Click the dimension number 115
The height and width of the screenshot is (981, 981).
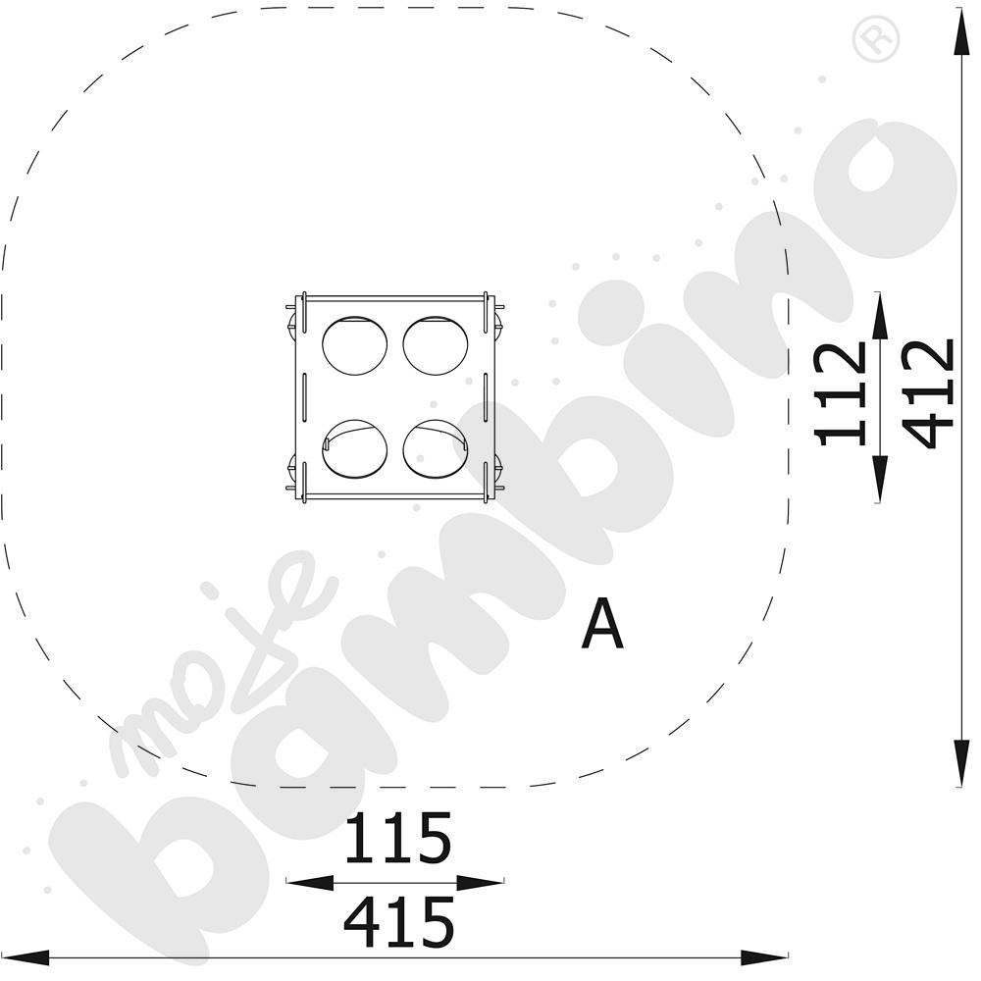click(x=398, y=839)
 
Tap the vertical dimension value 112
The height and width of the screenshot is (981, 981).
click(x=841, y=394)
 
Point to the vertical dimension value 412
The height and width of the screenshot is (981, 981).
click(x=928, y=393)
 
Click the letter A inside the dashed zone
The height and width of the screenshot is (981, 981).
click(x=602, y=624)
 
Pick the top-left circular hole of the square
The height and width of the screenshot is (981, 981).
click(x=355, y=346)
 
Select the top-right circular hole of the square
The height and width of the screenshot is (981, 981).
click(x=436, y=346)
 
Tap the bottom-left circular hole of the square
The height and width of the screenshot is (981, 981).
click(x=355, y=449)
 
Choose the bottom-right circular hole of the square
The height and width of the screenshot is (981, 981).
click(x=436, y=449)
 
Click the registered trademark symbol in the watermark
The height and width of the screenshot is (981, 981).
click(x=876, y=39)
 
